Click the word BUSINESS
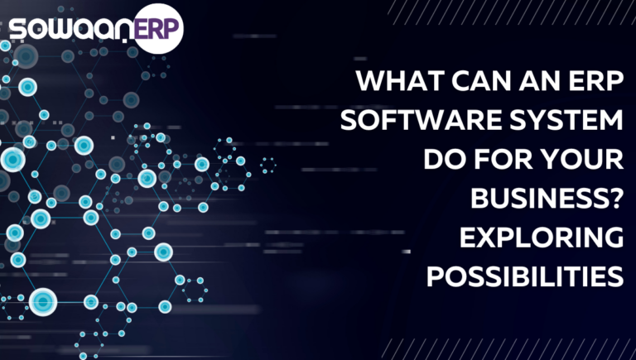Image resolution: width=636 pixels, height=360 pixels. (x=540, y=199)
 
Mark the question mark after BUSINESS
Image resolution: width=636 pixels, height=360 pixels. (x=616, y=199)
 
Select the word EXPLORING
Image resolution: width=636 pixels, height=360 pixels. (x=542, y=238)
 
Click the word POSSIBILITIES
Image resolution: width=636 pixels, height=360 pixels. (x=525, y=277)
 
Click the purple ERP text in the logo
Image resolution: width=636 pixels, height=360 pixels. (x=156, y=29)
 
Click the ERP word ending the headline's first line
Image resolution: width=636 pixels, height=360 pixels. (x=596, y=80)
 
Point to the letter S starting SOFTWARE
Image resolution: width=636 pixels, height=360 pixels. (x=349, y=120)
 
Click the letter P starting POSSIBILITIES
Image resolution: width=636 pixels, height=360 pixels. (x=435, y=277)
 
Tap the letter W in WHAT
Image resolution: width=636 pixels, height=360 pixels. (x=370, y=80)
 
